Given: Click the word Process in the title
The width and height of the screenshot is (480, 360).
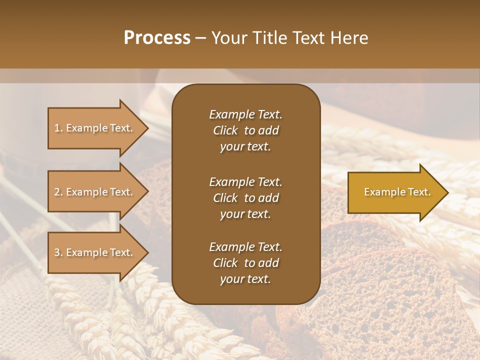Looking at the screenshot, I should pos(157,38).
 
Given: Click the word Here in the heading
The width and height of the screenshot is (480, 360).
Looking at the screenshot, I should pos(349,38).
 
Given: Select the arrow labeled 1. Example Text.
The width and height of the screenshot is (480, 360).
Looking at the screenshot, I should pos(95,128).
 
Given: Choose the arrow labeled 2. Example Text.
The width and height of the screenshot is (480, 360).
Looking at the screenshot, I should pos(95,192).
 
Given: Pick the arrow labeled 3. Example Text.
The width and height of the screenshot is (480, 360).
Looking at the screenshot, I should pos(95,252).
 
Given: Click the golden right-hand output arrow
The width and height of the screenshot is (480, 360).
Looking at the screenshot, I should pos(395,192).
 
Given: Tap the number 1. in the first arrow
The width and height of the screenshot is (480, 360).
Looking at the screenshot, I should pos(58,128).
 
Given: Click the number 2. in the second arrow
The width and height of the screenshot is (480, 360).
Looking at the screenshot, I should pos(58,192).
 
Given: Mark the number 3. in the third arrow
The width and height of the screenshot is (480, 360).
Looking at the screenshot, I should pos(58,252).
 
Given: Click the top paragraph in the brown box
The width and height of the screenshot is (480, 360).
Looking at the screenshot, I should pos(245,130).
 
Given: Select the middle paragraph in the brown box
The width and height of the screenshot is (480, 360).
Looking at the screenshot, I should pos(245,197).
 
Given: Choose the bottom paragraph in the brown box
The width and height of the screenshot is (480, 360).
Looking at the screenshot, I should pos(245,263).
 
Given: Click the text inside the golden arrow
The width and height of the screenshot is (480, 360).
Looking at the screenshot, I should pos(397,192).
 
